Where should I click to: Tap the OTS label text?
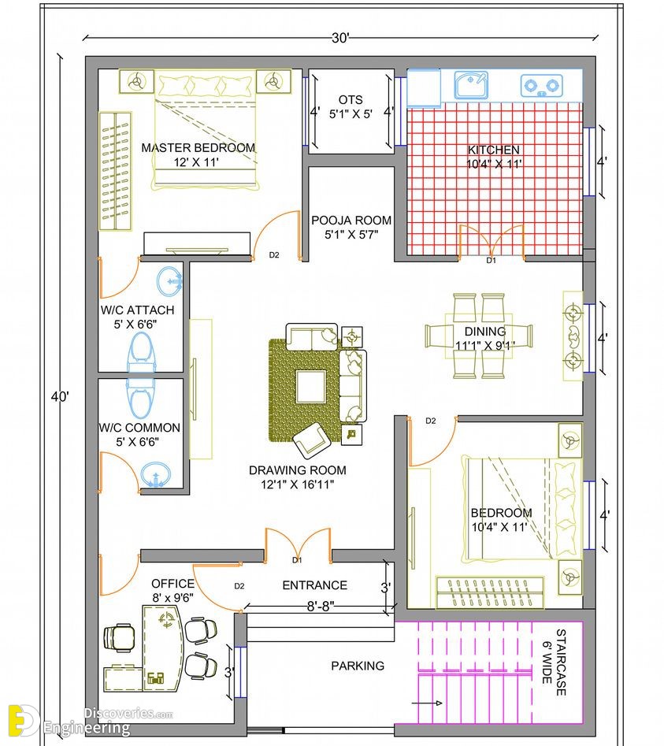click(x=351, y=100)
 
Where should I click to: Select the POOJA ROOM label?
click(x=351, y=221)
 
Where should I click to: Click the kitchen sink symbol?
click(x=470, y=85)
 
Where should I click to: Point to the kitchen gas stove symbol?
click(x=541, y=86)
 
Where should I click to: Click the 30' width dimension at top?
click(x=340, y=38)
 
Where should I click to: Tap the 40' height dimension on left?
click(x=60, y=396)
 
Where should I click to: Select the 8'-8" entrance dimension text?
click(x=320, y=606)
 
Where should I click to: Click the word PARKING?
click(x=358, y=666)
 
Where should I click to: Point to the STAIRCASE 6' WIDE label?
click(x=555, y=662)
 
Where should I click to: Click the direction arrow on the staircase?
click(x=427, y=703)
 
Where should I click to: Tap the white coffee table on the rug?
click(x=310, y=386)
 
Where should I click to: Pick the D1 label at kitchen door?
click(x=491, y=260)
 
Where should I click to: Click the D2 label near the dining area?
click(x=431, y=421)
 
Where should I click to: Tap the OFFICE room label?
click(x=172, y=584)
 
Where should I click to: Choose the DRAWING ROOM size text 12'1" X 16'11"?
click(x=297, y=484)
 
